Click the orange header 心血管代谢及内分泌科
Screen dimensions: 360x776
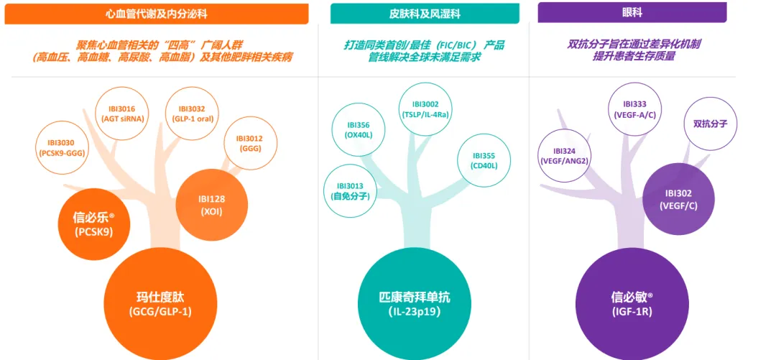click(156, 14)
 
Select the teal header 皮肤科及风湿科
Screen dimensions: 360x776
click(424, 14)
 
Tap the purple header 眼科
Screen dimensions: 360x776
click(632, 13)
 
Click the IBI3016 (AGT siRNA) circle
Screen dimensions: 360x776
click(126, 114)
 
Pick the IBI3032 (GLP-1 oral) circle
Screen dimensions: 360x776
click(192, 114)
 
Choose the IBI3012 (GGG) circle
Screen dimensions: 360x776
click(251, 144)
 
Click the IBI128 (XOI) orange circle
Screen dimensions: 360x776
click(211, 205)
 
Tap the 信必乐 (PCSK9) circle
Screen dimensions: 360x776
click(93, 224)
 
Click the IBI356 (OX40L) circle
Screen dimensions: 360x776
click(358, 129)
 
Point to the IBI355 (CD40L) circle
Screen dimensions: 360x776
click(484, 160)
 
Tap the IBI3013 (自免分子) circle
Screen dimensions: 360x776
click(350, 190)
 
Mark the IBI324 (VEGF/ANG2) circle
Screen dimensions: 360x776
click(564, 156)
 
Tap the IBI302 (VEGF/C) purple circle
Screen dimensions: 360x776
click(678, 199)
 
